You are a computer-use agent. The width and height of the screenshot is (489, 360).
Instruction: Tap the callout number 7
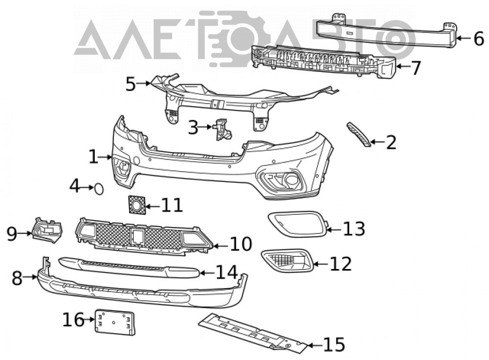416,67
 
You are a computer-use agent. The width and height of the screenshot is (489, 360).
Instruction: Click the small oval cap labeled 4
99,189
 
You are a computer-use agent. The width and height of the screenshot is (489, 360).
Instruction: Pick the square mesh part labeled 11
136,204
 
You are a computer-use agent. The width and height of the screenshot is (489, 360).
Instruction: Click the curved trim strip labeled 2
359,134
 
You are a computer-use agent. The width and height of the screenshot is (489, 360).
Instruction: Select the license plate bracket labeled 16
115,322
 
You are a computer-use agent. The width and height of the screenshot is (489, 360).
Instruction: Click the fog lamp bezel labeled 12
287,260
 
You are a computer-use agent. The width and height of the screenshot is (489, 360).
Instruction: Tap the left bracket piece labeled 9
47,230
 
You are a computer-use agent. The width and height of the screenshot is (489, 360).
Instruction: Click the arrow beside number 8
30,276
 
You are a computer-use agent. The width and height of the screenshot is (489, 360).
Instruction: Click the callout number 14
227,272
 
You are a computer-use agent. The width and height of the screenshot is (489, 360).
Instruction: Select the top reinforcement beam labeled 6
387,31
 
